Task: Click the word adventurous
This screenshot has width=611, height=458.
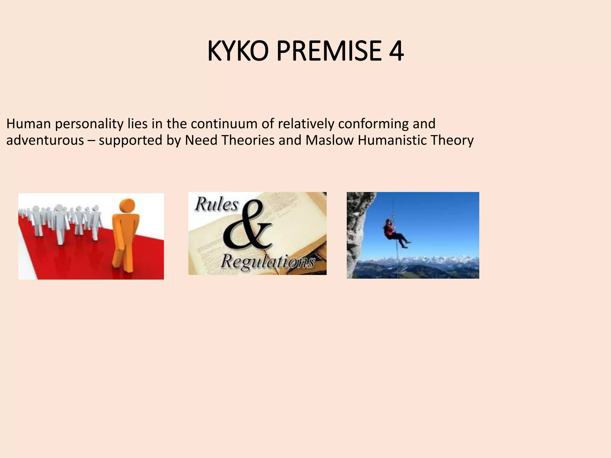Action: click(x=45, y=140)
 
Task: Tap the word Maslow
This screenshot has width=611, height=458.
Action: click(x=329, y=140)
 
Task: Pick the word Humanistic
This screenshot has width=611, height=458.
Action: click(x=391, y=140)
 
